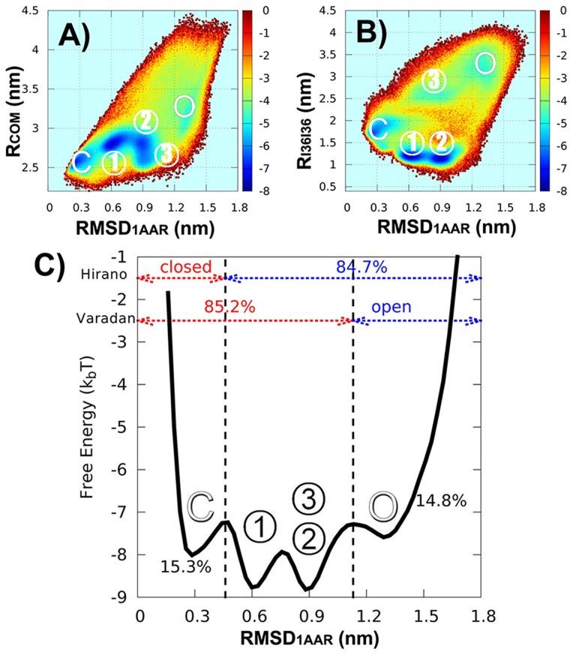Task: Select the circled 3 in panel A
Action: tap(167, 154)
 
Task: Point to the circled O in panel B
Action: tap(485, 63)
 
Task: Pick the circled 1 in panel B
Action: tap(411, 142)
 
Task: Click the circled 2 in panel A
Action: tap(146, 120)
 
